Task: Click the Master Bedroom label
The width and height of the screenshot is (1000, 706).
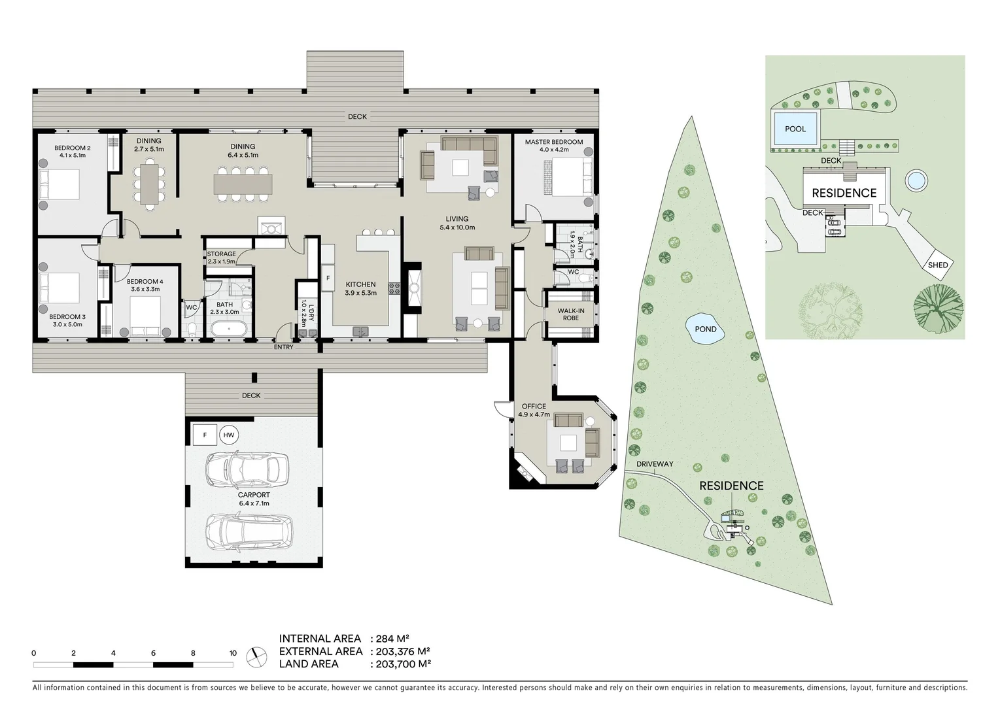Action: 553,142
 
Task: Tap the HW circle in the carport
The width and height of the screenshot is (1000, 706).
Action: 228,435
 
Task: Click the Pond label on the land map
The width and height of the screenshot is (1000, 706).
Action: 705,329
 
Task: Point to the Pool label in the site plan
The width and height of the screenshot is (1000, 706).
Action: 795,129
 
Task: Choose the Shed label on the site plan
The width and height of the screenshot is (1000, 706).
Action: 937,265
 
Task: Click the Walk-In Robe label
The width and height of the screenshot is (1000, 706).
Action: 570,314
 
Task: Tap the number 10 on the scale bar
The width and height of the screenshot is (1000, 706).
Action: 233,653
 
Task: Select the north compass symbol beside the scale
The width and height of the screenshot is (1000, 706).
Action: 256,658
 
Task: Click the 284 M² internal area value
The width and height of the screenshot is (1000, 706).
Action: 393,639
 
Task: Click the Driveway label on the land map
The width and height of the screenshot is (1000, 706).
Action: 655,464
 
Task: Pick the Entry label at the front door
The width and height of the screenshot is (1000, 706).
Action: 283,347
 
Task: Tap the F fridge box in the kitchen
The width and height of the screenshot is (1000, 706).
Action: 328,278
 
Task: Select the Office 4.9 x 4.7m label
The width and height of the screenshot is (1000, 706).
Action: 534,410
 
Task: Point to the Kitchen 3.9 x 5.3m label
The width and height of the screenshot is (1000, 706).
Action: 361,288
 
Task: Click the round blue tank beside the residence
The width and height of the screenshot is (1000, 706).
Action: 916,181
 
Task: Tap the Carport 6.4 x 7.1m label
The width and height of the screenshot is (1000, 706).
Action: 254,499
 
